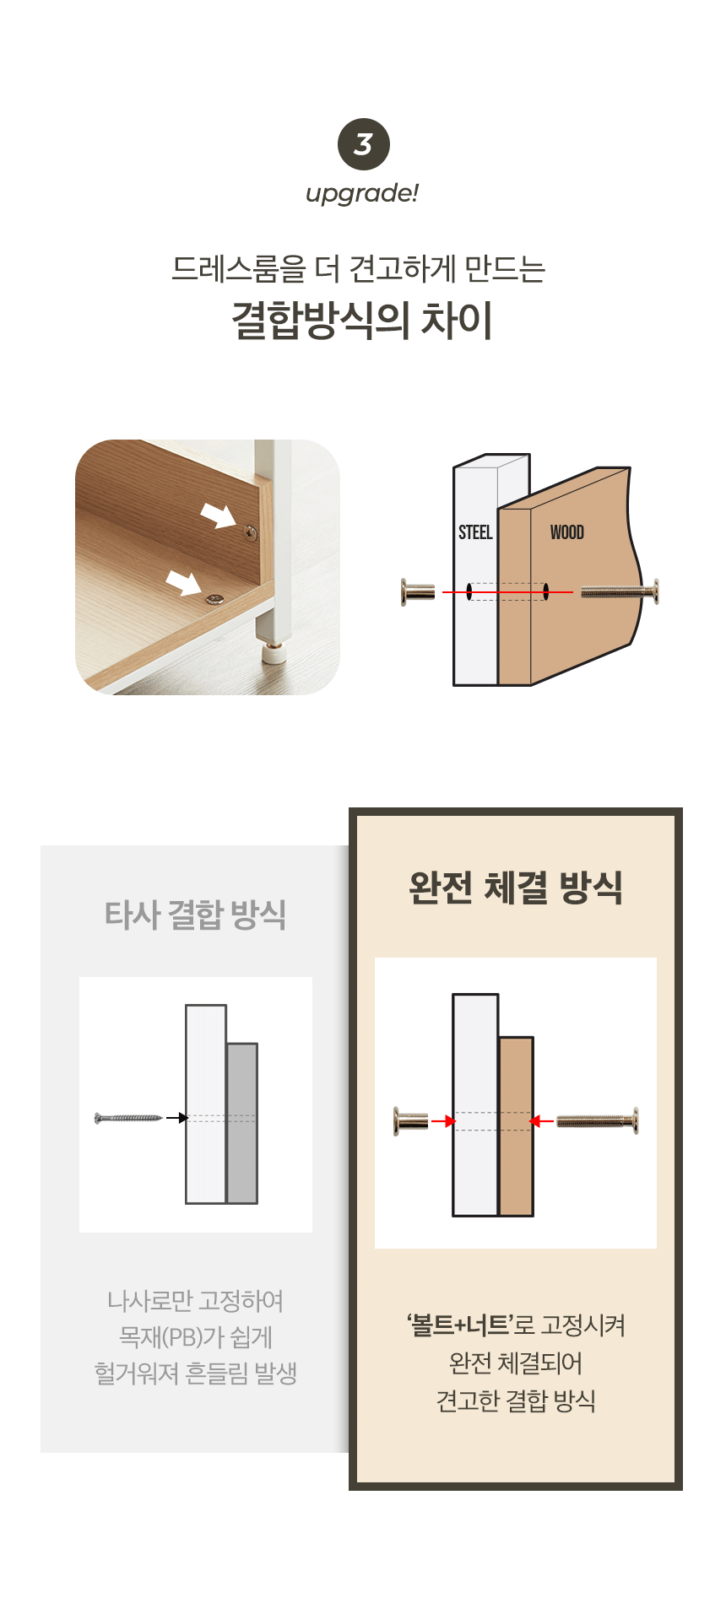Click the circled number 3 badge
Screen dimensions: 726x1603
click(363, 144)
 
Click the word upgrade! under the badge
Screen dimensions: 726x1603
click(362, 194)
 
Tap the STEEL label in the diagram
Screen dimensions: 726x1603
click(475, 532)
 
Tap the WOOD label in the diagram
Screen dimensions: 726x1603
click(567, 532)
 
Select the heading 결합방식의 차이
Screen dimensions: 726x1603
click(363, 321)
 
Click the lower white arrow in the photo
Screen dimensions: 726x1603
click(184, 583)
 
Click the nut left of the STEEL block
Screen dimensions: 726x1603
click(418, 592)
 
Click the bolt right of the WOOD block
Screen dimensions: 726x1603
click(620, 592)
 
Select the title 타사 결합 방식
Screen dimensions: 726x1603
click(196, 915)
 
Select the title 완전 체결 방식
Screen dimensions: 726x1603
click(516, 888)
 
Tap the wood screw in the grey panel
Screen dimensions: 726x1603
click(128, 1118)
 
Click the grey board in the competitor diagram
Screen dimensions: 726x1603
click(242, 1124)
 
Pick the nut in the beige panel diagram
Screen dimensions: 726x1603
click(410, 1121)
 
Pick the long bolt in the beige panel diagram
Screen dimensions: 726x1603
click(598, 1121)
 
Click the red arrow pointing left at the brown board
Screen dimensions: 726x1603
click(541, 1121)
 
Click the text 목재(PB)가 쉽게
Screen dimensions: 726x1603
click(196, 1337)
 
